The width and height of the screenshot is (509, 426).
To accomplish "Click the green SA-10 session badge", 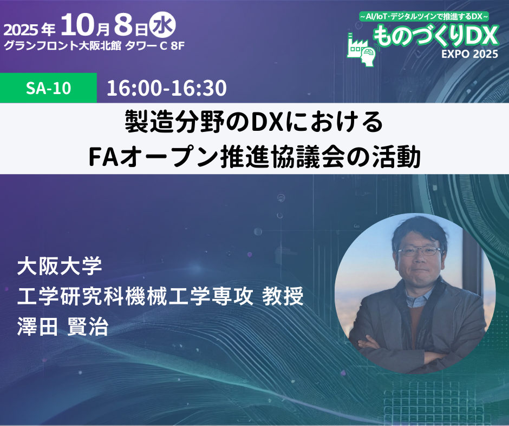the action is click(48, 88).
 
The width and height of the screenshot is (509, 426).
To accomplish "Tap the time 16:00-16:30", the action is click(167, 88).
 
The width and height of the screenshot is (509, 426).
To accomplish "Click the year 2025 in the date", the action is click(21, 30).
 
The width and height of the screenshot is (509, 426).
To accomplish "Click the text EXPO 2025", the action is click(469, 54).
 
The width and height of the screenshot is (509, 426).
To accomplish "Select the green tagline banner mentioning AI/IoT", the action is click(424, 16).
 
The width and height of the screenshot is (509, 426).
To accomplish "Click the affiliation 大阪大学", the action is click(60, 267).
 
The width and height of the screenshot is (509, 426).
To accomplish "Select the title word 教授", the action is click(283, 296).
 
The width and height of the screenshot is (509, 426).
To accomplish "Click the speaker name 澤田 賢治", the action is click(63, 326).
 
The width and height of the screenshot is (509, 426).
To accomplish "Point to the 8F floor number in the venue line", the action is click(178, 46).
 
